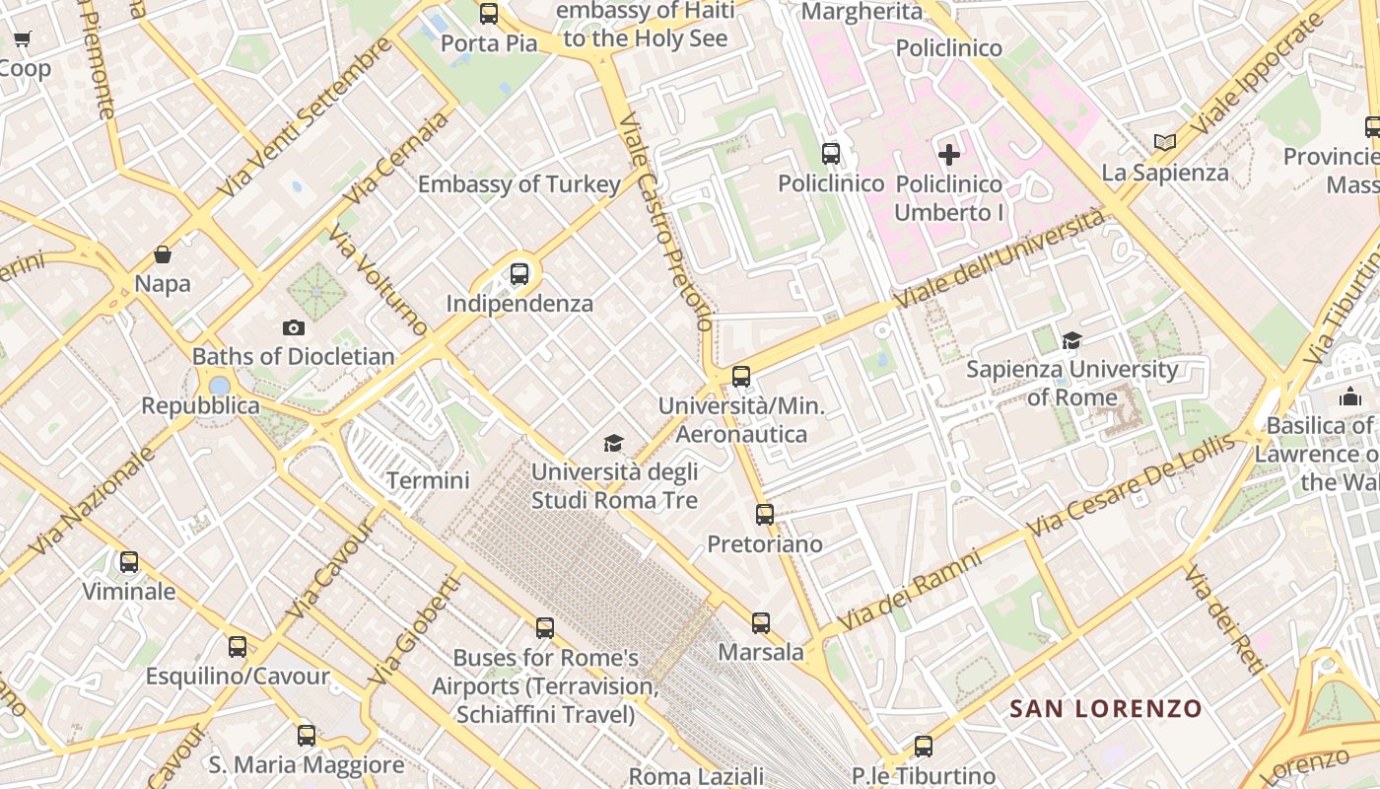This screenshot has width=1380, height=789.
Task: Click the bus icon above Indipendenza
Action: point(519,274)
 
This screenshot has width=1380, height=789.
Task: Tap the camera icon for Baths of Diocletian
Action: point(293,327)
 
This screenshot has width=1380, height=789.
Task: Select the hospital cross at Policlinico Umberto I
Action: point(949,155)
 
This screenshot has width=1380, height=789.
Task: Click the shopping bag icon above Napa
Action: point(163,254)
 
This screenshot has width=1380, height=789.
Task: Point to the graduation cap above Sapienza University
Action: point(1071,340)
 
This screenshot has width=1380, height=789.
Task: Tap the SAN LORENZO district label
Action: point(1106,708)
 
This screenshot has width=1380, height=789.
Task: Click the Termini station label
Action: point(428,480)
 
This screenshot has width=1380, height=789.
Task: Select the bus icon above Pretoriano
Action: point(765,514)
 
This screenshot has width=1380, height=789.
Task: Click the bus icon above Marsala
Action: point(761,623)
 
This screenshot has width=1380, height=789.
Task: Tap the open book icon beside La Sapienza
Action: point(1165,142)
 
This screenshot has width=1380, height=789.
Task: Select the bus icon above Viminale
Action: point(129,562)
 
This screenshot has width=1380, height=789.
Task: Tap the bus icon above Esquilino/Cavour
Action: point(238,647)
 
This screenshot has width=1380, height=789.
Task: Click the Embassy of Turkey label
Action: point(519,184)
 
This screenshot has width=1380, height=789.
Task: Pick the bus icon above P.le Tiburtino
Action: point(924,747)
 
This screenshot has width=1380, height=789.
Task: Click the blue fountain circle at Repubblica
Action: point(220,385)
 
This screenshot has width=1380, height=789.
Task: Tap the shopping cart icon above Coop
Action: point(23,39)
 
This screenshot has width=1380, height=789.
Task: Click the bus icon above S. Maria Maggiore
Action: point(307,735)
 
